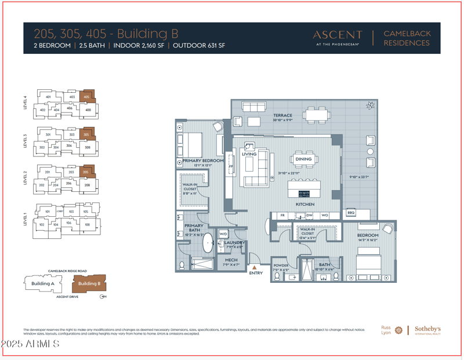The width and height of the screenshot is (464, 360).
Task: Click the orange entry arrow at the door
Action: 253,267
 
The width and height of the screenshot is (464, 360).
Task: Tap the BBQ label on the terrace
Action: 350,213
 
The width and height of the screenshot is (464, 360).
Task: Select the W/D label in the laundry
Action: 223,234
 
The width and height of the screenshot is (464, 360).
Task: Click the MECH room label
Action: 231,261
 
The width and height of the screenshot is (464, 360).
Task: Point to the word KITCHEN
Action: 305,204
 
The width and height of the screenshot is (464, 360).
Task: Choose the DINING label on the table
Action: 303,159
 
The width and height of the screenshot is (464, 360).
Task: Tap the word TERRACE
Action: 283,115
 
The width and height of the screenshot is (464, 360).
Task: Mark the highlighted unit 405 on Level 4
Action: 87,97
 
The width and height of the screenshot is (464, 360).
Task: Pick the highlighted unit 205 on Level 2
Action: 86,172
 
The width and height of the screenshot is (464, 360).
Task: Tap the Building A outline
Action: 42,283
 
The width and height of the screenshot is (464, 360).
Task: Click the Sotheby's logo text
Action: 427,329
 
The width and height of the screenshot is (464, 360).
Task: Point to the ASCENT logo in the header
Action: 337,35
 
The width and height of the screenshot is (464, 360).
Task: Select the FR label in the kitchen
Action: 282,215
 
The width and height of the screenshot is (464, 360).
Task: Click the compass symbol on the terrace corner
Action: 369,106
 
